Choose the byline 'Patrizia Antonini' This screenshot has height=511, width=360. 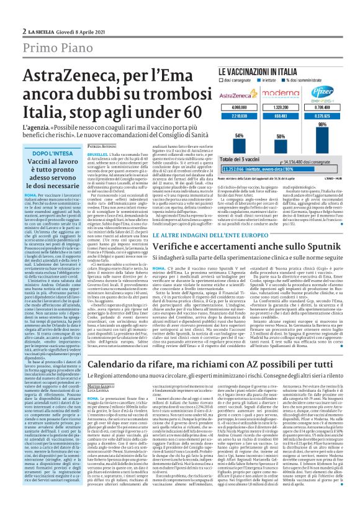tap(105, 147)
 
